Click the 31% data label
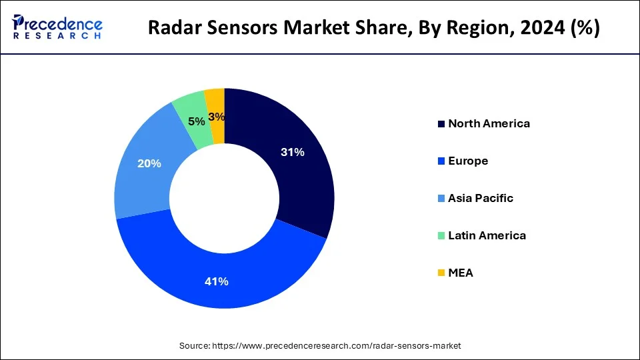point(293,152)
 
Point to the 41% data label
point(217,281)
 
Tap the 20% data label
point(149,163)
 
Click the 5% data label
point(196,121)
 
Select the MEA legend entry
point(460,273)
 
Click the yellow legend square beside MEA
point(441,273)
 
